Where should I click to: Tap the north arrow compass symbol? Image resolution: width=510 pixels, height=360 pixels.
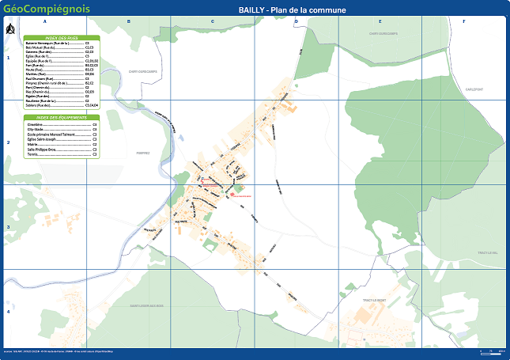10,31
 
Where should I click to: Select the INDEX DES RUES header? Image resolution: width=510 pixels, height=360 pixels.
62,38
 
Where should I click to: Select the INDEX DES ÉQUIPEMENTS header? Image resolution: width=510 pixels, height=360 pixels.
62,117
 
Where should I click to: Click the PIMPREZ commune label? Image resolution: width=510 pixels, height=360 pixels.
143,153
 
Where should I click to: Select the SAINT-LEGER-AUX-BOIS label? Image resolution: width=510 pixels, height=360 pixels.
145,305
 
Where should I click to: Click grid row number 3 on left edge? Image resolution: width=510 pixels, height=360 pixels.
8,227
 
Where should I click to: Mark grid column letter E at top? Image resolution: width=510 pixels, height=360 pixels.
380,21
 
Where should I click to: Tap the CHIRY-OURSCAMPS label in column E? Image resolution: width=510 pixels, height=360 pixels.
382,33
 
